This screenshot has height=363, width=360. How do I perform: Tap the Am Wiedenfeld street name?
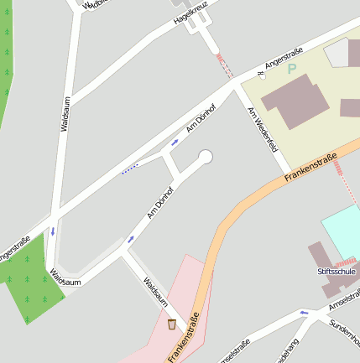point(263,132)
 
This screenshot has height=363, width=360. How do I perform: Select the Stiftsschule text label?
point(333,272)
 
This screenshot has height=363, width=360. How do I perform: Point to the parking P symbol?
point(292,69)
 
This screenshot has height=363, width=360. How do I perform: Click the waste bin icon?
point(172,324)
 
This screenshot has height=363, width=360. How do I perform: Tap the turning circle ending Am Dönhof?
point(205,156)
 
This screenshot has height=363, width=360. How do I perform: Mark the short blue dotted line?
point(129,169)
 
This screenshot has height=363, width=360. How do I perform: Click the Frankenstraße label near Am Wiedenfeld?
point(310,166)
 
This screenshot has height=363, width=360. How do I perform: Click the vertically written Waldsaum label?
point(65,114)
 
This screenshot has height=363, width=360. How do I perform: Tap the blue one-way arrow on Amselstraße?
point(304,313)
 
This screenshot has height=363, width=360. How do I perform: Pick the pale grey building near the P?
point(340,54)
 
